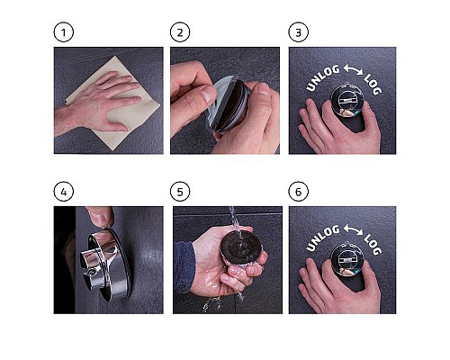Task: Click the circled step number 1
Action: tap(64, 32)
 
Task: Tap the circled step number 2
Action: tap(180, 32)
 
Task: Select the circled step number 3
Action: tap(298, 32)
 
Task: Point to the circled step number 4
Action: tap(64, 192)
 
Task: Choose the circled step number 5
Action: tap(180, 192)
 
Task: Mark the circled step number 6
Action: tap(298, 192)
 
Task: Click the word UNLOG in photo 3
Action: tap(322, 78)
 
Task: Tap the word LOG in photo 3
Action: tap(373, 85)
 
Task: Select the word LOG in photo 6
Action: tap(373, 245)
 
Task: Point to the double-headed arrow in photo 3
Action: tap(353, 69)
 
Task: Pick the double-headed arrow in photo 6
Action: tap(353, 229)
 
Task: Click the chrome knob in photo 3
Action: tap(347, 100)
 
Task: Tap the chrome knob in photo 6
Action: tap(347, 260)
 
